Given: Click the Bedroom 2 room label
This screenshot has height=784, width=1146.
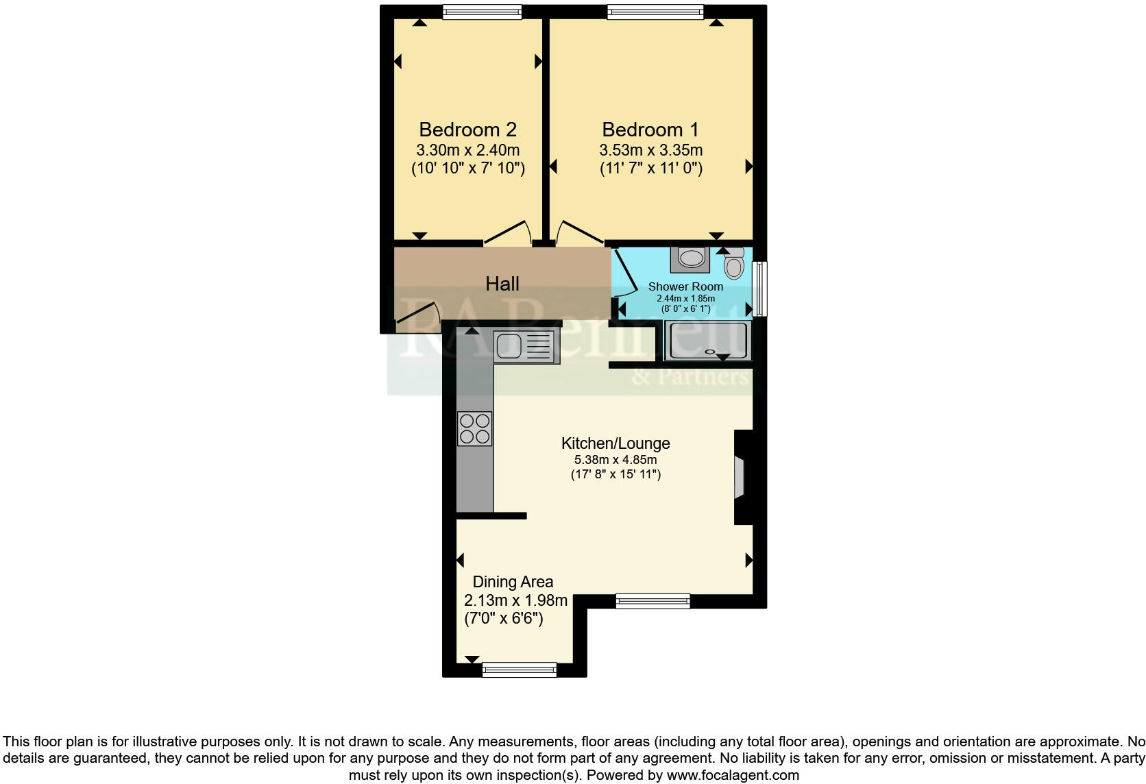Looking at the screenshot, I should point(467,130).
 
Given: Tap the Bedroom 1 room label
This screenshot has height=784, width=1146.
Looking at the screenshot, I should point(650,130).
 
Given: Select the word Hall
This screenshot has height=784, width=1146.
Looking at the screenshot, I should point(502,284).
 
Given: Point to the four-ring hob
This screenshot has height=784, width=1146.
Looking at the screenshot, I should point(474,428).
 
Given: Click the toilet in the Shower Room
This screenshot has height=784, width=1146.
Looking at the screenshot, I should point(733,263).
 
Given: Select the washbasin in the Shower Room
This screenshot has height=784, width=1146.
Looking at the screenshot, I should point(691,258).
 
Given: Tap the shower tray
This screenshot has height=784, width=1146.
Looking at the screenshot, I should point(707,341).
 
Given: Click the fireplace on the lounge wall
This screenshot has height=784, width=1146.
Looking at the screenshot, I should point(740,477).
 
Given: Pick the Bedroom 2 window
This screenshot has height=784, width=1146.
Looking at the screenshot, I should point(482,12).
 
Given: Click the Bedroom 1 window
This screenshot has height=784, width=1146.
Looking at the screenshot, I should point(655,12).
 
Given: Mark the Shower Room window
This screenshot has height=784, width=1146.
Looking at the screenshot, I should point(759,288).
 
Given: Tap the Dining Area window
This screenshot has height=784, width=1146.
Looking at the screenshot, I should point(519,670).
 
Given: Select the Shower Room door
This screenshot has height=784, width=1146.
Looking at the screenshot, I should point(624,273).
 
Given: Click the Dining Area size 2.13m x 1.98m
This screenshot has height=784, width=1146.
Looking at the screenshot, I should point(515,600).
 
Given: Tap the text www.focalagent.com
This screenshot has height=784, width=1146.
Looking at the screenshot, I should point(733,776).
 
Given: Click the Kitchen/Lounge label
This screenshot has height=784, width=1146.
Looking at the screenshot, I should point(615,443).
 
